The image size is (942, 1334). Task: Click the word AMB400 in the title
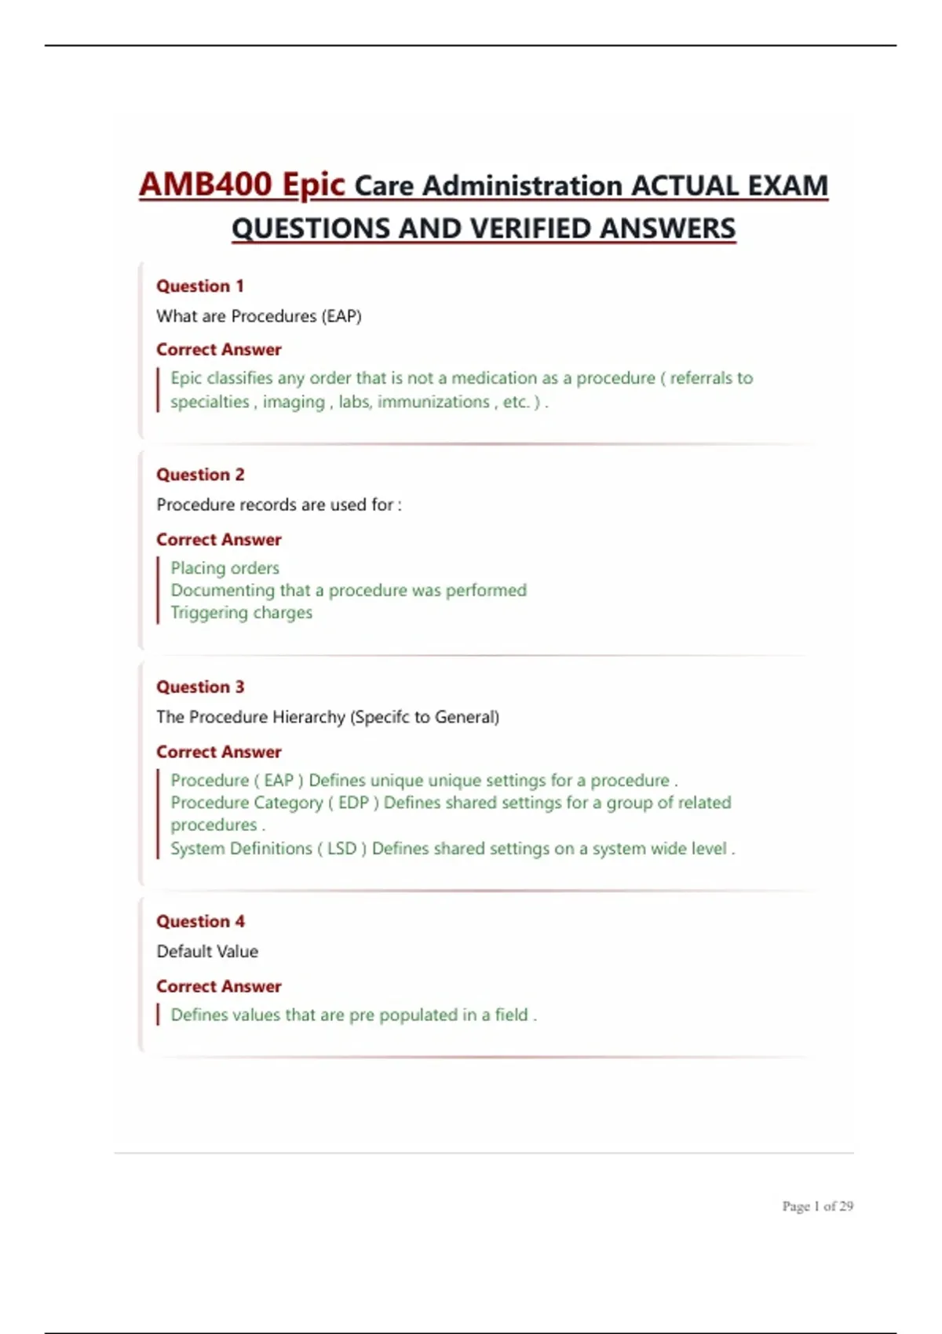[x=206, y=185]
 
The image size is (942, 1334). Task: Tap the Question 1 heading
[x=200, y=286]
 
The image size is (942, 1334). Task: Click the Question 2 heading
[x=200, y=474]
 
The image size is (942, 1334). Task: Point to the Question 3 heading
[x=200, y=687]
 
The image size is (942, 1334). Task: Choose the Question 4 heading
[x=200, y=921]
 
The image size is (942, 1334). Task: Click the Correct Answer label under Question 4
[x=218, y=986]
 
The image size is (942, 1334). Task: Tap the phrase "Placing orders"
[x=225, y=567]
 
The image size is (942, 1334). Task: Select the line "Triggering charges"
[x=241, y=612]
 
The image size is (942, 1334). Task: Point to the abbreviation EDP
[x=353, y=803]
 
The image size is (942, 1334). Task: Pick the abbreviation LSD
[x=341, y=848]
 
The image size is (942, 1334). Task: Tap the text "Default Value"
[x=207, y=951]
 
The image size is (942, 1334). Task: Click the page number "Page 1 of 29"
[x=817, y=1206]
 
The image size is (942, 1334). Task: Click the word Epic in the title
[x=313, y=185]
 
